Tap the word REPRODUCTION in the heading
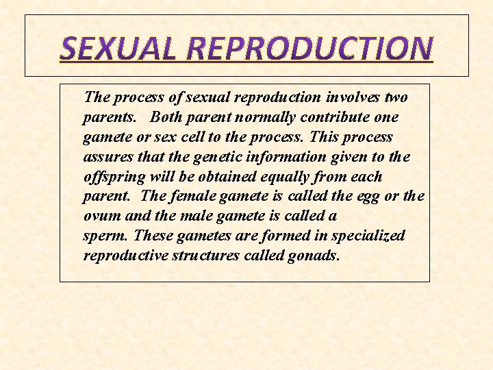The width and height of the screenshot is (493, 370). click(309, 48)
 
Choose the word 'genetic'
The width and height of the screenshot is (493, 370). click(214, 157)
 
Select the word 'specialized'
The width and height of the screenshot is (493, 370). click(368, 236)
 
